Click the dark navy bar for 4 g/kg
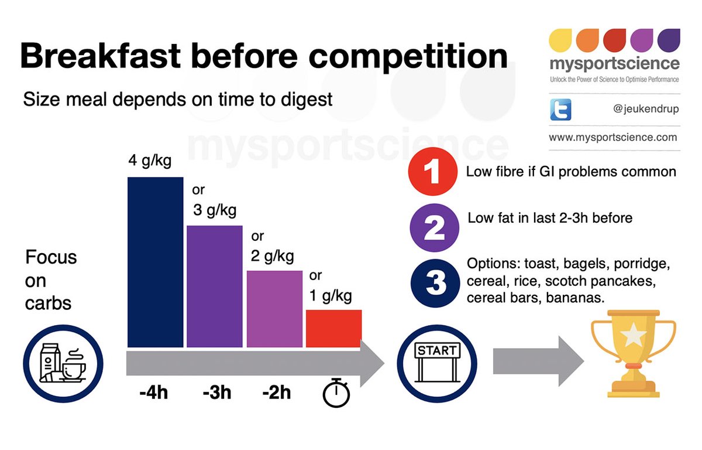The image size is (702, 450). [155, 261]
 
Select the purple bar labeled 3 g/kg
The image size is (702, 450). [215, 286]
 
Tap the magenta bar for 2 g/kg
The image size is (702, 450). [274, 308]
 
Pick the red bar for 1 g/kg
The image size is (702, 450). [334, 328]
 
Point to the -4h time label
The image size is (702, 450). [154, 392]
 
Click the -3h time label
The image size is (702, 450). [216, 392]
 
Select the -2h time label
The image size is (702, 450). [276, 392]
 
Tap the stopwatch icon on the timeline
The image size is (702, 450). [336, 392]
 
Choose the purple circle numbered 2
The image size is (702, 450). [433, 228]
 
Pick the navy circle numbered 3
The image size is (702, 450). [433, 282]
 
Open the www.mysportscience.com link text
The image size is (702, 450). [612, 138]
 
